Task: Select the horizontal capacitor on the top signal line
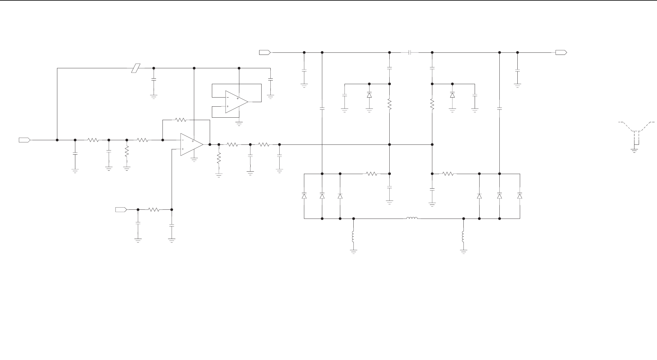click(x=410, y=53)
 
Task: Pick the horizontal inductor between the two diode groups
click(x=412, y=218)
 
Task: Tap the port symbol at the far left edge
click(x=24, y=140)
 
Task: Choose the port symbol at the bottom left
click(x=121, y=209)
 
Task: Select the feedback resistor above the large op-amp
click(x=180, y=120)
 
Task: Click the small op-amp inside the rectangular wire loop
click(x=236, y=102)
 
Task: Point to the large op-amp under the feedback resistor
click(x=191, y=144)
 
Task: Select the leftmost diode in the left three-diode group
click(x=304, y=196)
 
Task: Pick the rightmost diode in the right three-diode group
click(x=520, y=196)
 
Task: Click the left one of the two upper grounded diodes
click(x=369, y=95)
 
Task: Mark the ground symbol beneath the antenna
click(x=634, y=150)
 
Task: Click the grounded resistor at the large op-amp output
click(x=219, y=158)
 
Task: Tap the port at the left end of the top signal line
click(x=265, y=52)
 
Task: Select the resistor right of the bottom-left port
click(x=154, y=210)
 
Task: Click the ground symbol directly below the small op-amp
click(x=239, y=124)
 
